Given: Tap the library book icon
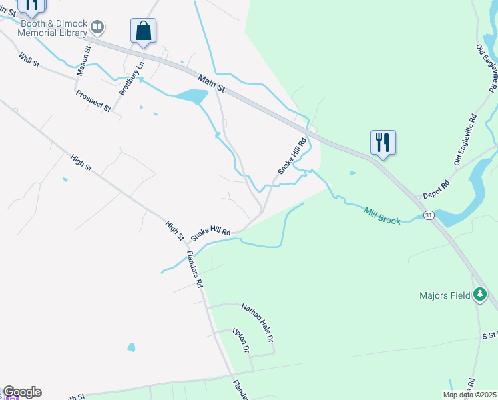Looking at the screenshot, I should click(x=97, y=27).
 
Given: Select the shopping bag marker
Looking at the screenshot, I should click(x=143, y=31).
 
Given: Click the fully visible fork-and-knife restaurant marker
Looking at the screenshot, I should click(x=383, y=143).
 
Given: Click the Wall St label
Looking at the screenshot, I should click(x=31, y=61).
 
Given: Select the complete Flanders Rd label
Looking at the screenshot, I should click(x=194, y=269).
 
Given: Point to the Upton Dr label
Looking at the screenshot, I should click(x=240, y=340).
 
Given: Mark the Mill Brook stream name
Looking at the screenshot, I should click(x=382, y=215).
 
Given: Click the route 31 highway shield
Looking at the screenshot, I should click(x=428, y=215).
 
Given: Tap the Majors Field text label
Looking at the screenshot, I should click(x=444, y=295).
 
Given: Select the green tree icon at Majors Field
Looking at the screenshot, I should click(x=479, y=295).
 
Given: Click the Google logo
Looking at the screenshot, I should click(x=22, y=392).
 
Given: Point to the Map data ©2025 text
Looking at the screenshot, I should click(x=469, y=395).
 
